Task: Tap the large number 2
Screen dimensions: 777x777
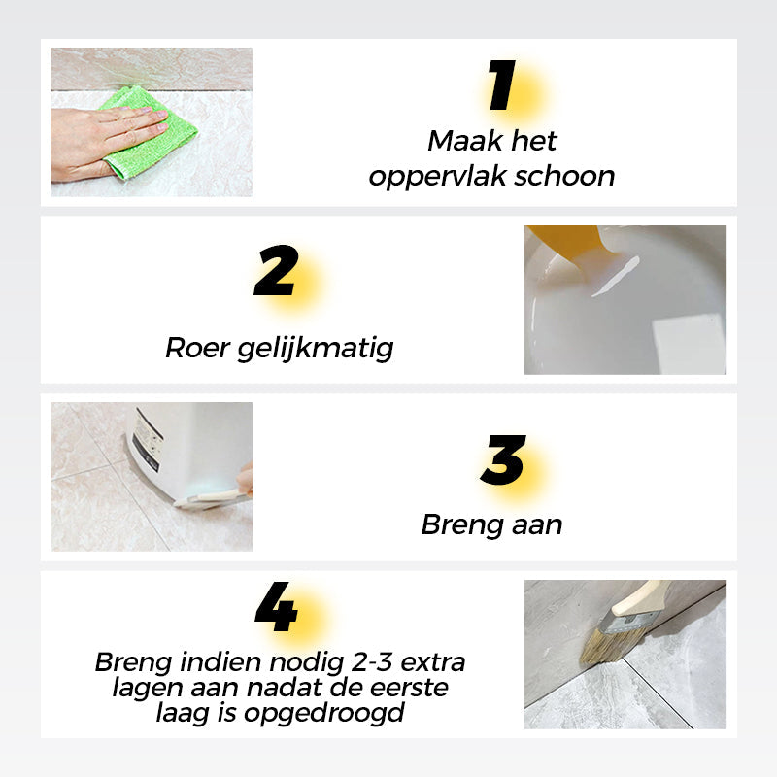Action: [x=275, y=273]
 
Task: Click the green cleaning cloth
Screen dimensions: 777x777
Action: [x=146, y=131]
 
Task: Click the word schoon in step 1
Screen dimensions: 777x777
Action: [x=568, y=176]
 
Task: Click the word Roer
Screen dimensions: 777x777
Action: [x=198, y=348]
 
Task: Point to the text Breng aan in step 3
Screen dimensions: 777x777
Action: [x=491, y=524]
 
